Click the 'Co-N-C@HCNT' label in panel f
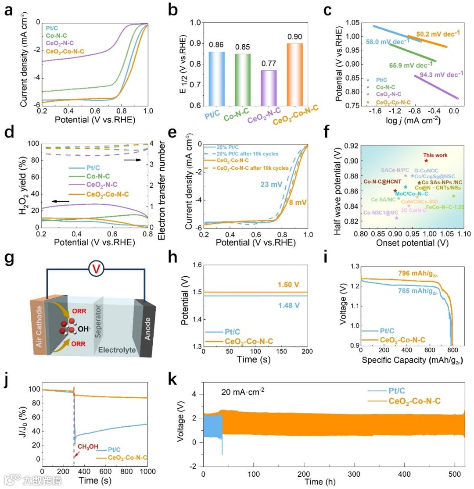pos(378,182)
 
